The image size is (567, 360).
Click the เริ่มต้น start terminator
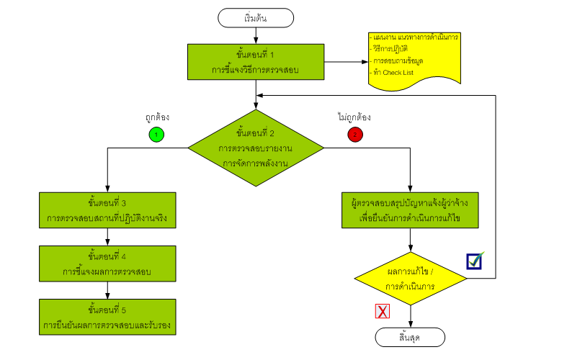(x=255, y=17)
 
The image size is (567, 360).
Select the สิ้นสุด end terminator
(x=410, y=337)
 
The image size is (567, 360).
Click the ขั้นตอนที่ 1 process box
(x=255, y=63)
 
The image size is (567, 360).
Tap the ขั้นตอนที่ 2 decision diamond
(x=255, y=148)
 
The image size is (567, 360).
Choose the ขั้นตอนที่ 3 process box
(x=107, y=210)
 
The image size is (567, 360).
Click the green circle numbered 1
(x=156, y=134)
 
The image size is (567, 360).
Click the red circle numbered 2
(x=354, y=134)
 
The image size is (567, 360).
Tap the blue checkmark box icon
(x=474, y=261)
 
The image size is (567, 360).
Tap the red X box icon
(x=383, y=311)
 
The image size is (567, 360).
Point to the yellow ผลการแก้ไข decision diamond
(x=410, y=279)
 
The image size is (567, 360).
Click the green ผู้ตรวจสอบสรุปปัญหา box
(x=410, y=210)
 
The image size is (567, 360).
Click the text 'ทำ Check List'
(x=393, y=73)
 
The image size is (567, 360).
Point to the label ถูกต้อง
(x=156, y=117)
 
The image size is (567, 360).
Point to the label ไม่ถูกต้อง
(x=354, y=117)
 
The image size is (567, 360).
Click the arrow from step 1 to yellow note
(x=346, y=63)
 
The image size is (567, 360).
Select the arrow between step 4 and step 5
(x=107, y=289)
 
